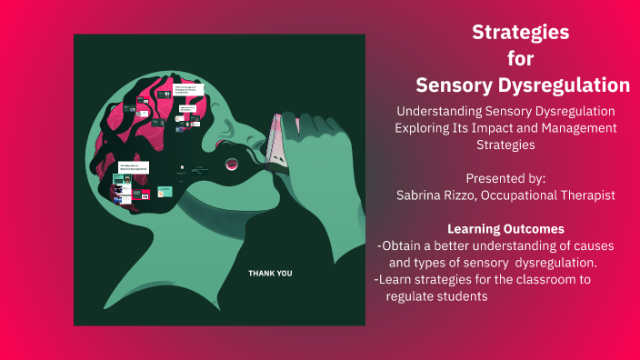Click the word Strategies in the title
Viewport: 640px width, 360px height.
click(x=521, y=33)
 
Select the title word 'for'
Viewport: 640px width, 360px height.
click(x=521, y=58)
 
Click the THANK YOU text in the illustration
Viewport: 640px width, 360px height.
click(x=271, y=273)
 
